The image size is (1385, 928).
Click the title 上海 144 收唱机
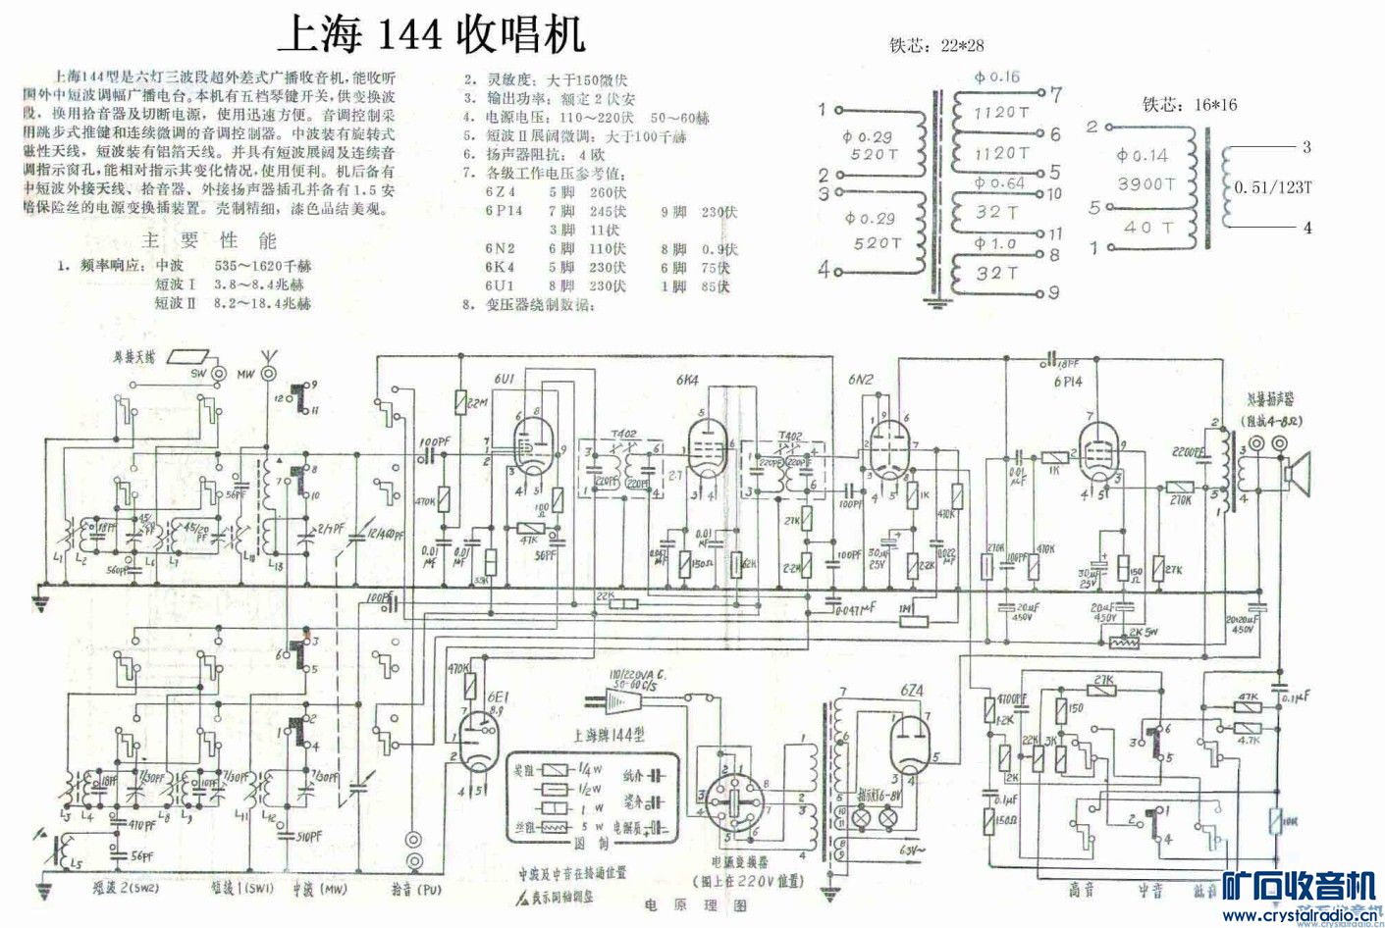coord(433,35)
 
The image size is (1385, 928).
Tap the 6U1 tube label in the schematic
coord(505,379)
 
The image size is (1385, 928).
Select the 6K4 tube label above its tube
coord(688,381)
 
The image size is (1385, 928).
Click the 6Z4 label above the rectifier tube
coord(904,691)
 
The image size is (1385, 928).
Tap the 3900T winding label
coord(1144,184)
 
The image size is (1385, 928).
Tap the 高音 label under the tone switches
coord(1083,890)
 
